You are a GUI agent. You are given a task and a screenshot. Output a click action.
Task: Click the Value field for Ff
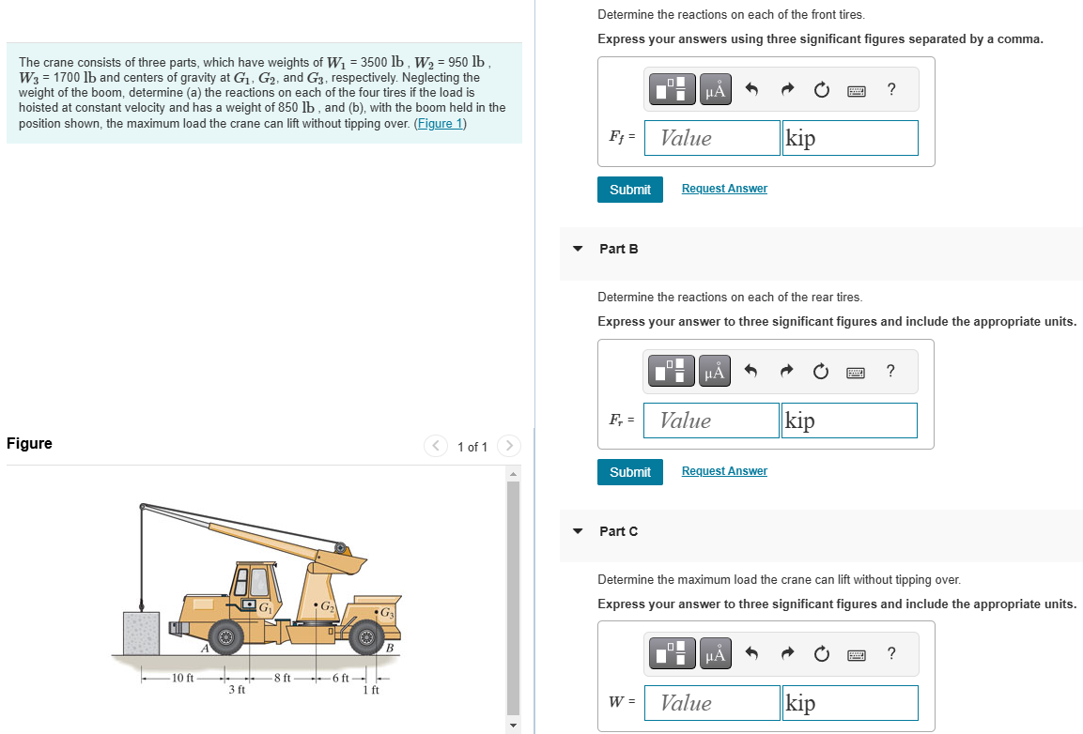pyautogui.click(x=712, y=138)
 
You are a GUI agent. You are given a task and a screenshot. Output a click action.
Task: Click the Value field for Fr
pyautogui.click(x=712, y=421)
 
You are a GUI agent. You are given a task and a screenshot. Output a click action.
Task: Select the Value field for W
pyautogui.click(x=712, y=703)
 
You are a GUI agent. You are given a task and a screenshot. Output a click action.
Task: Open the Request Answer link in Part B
pyautogui.click(x=724, y=471)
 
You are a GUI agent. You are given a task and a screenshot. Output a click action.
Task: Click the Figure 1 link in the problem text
pyautogui.click(x=441, y=123)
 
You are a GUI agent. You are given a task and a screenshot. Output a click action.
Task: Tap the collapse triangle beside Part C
pyautogui.click(x=578, y=531)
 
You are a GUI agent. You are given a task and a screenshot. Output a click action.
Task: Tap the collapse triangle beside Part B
pyautogui.click(x=578, y=249)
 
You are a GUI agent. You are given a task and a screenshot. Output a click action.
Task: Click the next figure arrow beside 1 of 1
pyautogui.click(x=507, y=447)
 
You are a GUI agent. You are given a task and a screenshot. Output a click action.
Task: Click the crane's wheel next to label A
pyautogui.click(x=225, y=638)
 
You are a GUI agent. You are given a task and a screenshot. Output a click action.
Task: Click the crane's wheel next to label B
pyautogui.click(x=366, y=638)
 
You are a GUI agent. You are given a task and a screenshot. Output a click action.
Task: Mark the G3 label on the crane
pyautogui.click(x=385, y=614)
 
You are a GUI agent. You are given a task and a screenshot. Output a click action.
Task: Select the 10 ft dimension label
pyautogui.click(x=182, y=678)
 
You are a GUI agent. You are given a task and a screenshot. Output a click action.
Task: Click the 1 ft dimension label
pyautogui.click(x=370, y=691)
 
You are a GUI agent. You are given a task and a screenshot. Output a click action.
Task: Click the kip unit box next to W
pyautogui.click(x=849, y=703)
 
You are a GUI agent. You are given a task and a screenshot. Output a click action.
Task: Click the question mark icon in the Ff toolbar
pyautogui.click(x=890, y=90)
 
